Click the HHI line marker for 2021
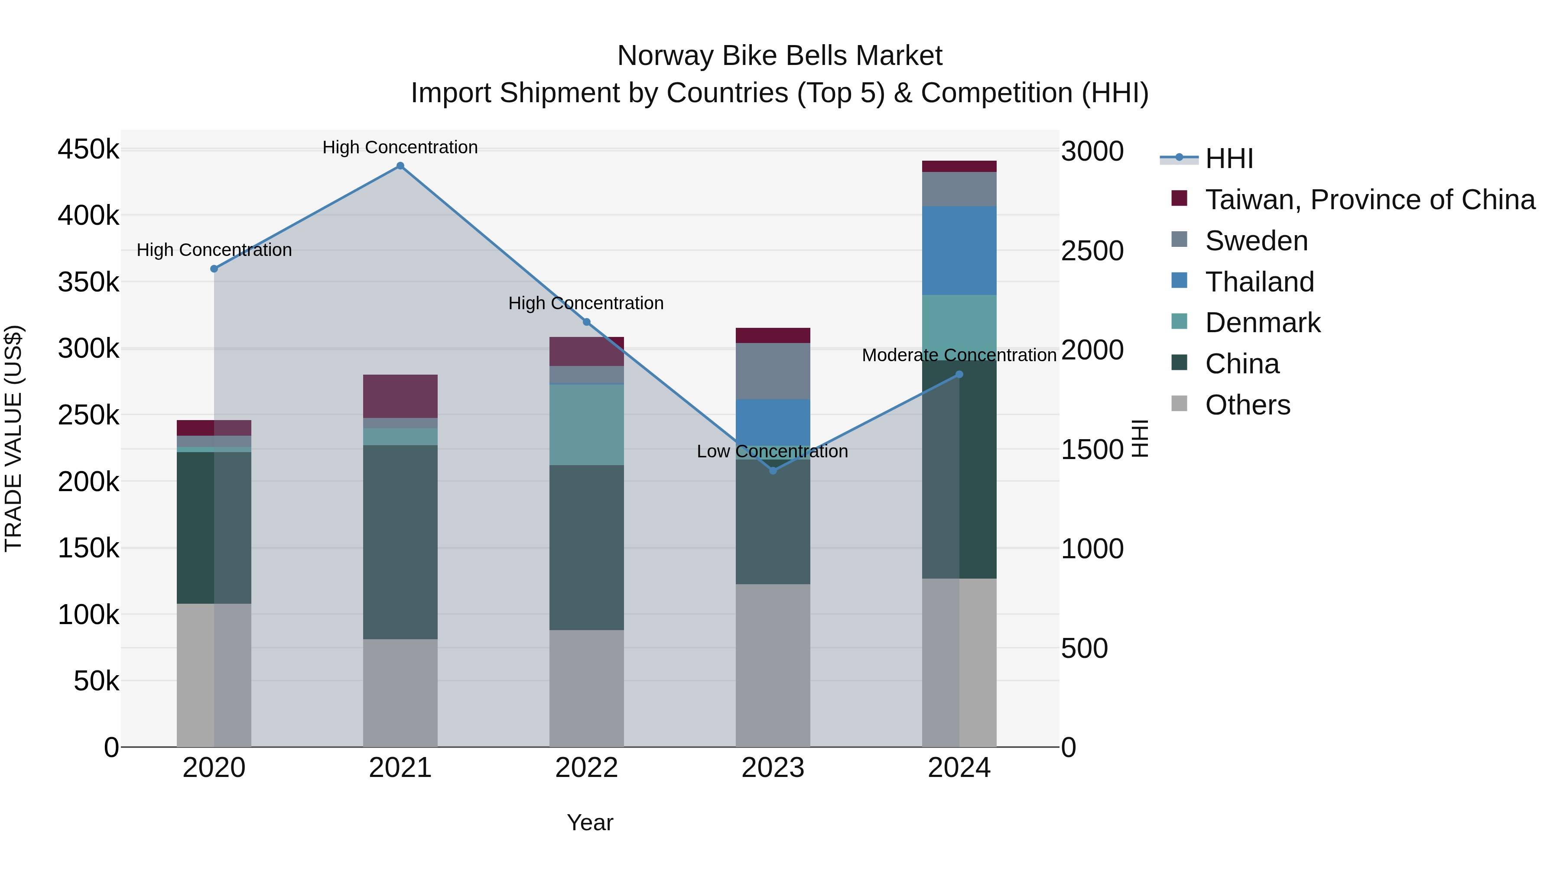click(x=400, y=166)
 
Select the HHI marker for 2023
click(x=773, y=470)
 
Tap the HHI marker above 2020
click(x=214, y=269)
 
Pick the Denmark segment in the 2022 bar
click(x=586, y=424)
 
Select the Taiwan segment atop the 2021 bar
click(x=400, y=396)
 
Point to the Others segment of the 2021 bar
click(x=400, y=693)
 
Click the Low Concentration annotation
click(x=772, y=452)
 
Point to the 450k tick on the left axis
click(x=88, y=149)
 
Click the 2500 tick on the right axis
click(x=1092, y=251)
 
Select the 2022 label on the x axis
click(x=586, y=768)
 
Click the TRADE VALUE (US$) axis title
click(x=14, y=438)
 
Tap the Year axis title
click(x=590, y=822)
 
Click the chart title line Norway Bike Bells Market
click(x=780, y=56)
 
